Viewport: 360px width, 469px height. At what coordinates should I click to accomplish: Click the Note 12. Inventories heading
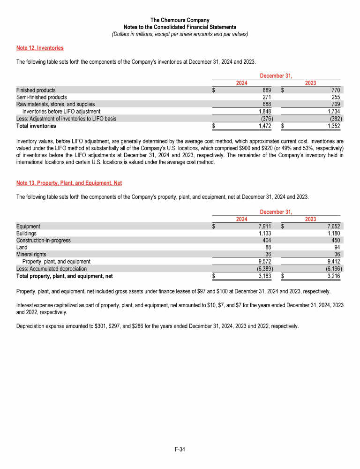[40, 48]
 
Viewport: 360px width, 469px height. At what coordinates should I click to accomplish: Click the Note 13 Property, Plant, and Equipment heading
[69, 182]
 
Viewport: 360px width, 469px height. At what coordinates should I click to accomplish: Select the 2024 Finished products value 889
[266, 90]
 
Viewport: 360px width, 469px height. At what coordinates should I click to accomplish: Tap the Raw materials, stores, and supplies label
[55, 104]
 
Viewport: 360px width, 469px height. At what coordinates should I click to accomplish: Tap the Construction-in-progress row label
[44, 240]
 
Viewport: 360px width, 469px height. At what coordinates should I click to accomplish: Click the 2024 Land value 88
[269, 247]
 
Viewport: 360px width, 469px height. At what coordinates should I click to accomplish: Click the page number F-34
[180, 450]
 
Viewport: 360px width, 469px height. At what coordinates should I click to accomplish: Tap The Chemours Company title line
[180, 20]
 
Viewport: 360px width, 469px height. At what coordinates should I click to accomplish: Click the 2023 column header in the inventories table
[310, 83]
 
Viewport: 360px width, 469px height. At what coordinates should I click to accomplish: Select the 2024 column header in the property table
[242, 219]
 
